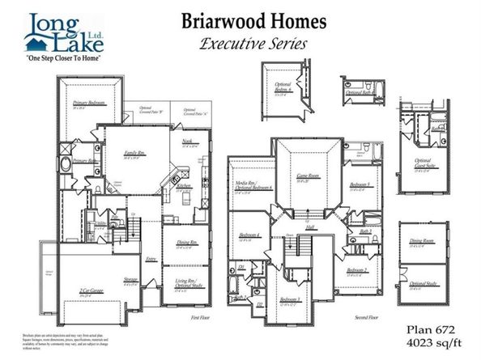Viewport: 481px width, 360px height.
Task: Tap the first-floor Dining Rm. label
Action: [x=187, y=241]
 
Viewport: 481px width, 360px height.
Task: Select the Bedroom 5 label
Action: [x=359, y=186]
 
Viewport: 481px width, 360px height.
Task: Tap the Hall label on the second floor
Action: [x=310, y=229]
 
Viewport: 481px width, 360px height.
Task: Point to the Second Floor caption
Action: [x=366, y=319]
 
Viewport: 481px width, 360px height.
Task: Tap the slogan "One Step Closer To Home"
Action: [x=57, y=60]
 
